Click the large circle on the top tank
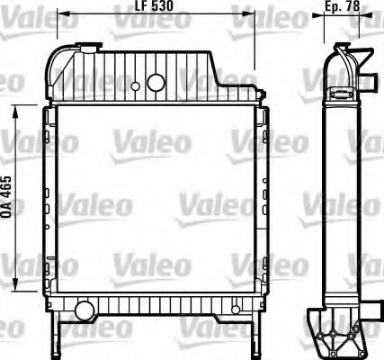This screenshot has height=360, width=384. click(x=156, y=83)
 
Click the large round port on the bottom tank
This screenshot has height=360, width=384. click(x=84, y=310)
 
